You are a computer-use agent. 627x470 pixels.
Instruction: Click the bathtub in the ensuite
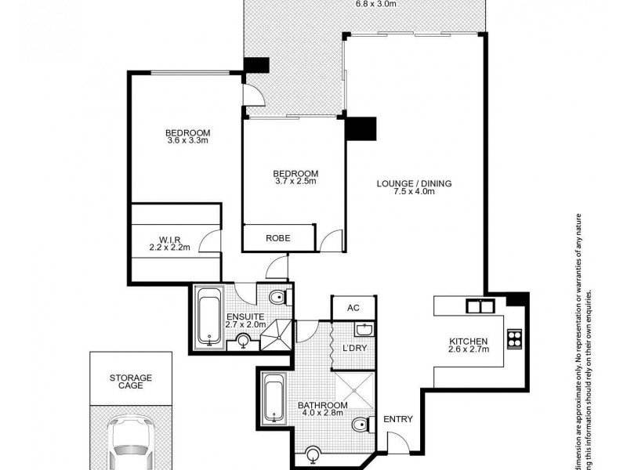pyautogui.click(x=208, y=317)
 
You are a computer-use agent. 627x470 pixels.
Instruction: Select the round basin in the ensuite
pyautogui.click(x=244, y=341)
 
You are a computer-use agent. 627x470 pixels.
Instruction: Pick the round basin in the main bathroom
pyautogui.click(x=313, y=452)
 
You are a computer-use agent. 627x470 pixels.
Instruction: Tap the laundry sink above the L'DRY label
pyautogui.click(x=367, y=329)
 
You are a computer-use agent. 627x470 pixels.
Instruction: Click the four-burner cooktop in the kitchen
pyautogui.click(x=515, y=339)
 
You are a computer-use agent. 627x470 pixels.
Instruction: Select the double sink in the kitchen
pyautogui.click(x=476, y=305)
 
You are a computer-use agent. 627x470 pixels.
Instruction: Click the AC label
pyautogui.click(x=353, y=308)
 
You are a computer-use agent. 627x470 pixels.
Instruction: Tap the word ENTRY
pyautogui.click(x=398, y=420)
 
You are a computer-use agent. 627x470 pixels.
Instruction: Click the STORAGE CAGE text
pyautogui.click(x=131, y=383)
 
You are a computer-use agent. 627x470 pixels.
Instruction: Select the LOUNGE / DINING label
pyautogui.click(x=415, y=184)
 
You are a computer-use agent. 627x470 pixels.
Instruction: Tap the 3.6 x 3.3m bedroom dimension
pyautogui.click(x=187, y=141)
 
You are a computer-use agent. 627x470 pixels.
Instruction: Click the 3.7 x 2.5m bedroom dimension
pyautogui.click(x=295, y=182)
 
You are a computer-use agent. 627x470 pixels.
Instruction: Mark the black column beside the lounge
pyautogui.click(x=361, y=129)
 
